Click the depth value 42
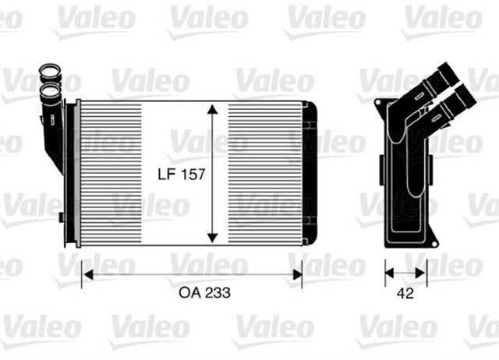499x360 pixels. [405, 295]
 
